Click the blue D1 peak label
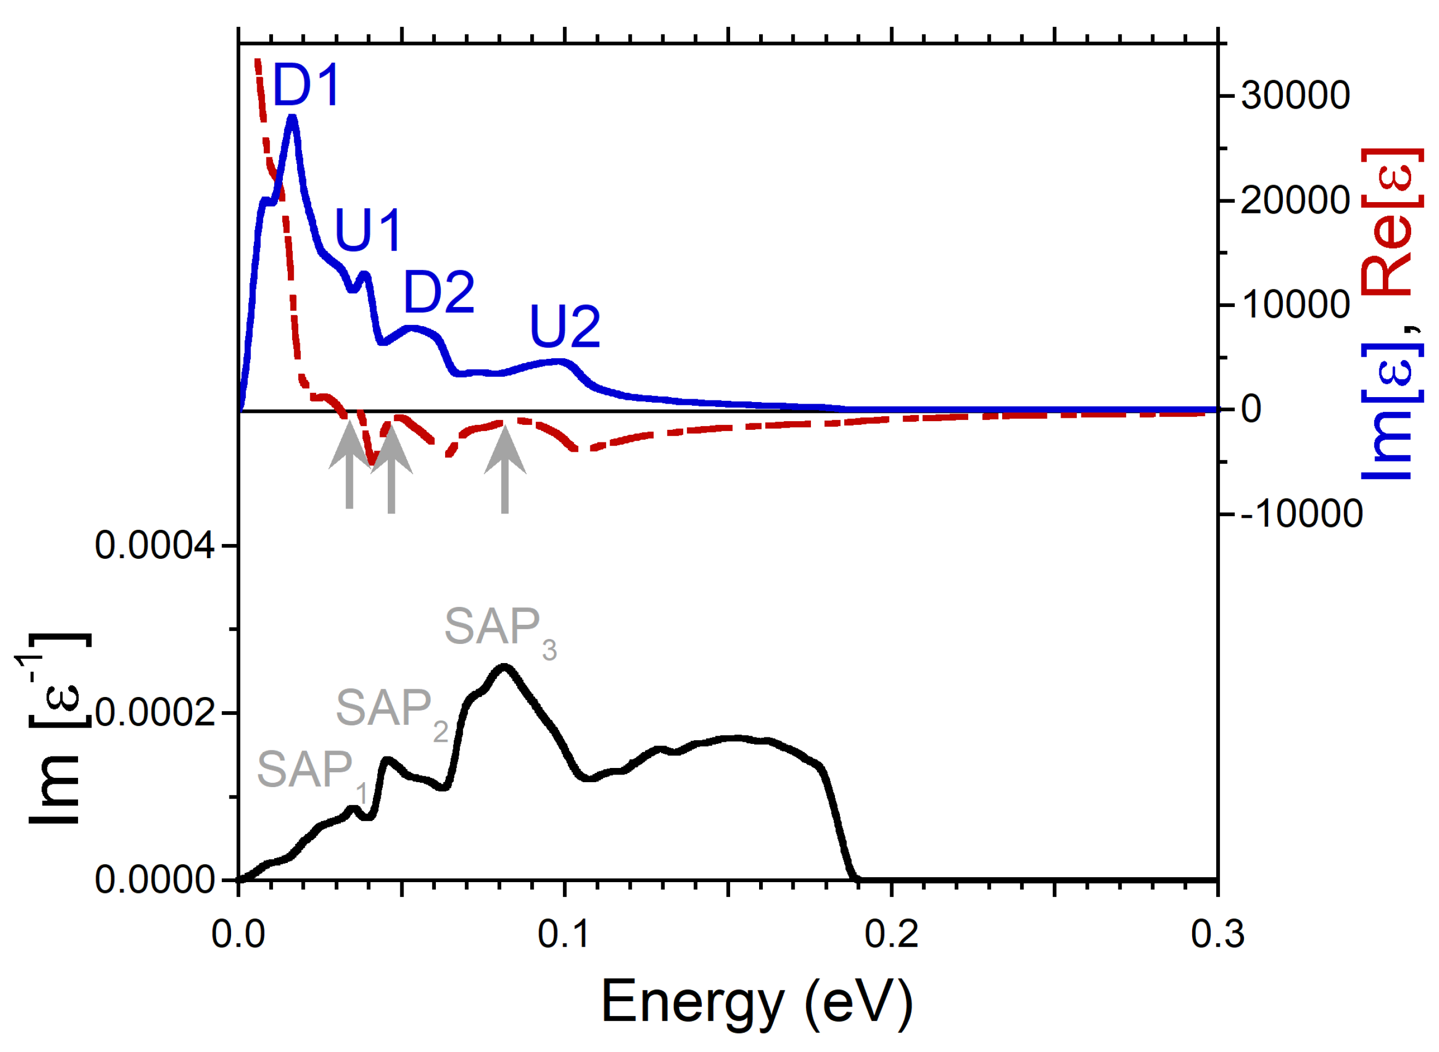click(x=306, y=85)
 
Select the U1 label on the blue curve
click(x=368, y=231)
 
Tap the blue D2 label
click(x=439, y=292)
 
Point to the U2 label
click(x=565, y=327)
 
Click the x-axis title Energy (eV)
click(x=757, y=1002)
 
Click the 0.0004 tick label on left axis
click(x=155, y=546)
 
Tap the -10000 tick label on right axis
click(x=1301, y=514)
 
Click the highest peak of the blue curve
click(x=293, y=118)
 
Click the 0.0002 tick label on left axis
click(x=155, y=713)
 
